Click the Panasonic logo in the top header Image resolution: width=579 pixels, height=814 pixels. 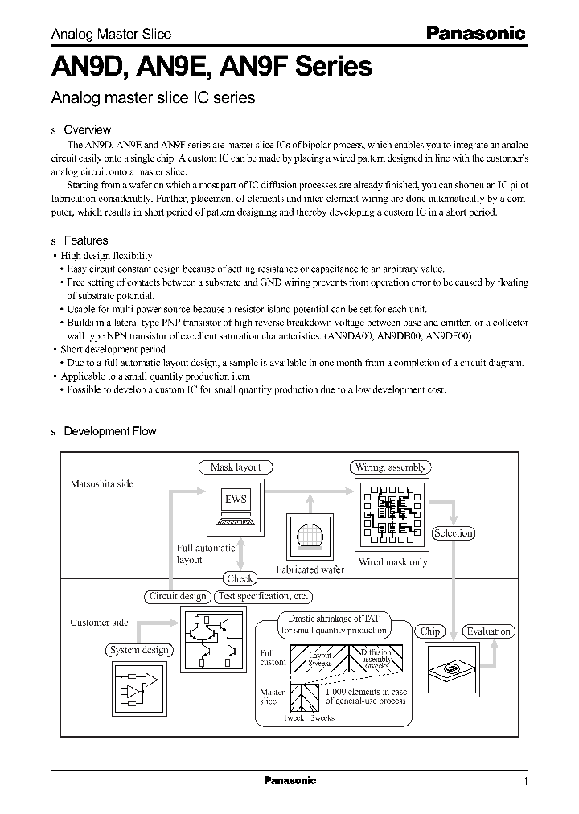474,33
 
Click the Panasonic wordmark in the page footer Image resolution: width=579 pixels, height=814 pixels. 289,781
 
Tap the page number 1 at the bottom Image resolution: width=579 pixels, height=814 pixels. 525,782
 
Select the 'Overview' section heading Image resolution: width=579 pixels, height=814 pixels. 87,129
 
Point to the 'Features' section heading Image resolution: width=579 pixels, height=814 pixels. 85,240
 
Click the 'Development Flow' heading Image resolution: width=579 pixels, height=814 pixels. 109,431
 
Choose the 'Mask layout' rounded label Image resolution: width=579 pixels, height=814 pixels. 235,467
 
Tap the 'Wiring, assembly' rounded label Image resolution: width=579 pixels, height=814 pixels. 390,467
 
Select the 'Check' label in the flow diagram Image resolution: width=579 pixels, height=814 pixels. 240,578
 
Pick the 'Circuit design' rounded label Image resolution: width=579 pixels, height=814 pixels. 178,596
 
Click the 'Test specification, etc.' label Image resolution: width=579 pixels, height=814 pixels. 262,596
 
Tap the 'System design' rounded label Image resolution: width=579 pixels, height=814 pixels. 139,650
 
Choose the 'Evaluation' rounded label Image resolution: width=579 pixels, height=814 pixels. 488,631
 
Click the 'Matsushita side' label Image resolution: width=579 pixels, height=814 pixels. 102,484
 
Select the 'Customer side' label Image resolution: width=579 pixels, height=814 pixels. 99,623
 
